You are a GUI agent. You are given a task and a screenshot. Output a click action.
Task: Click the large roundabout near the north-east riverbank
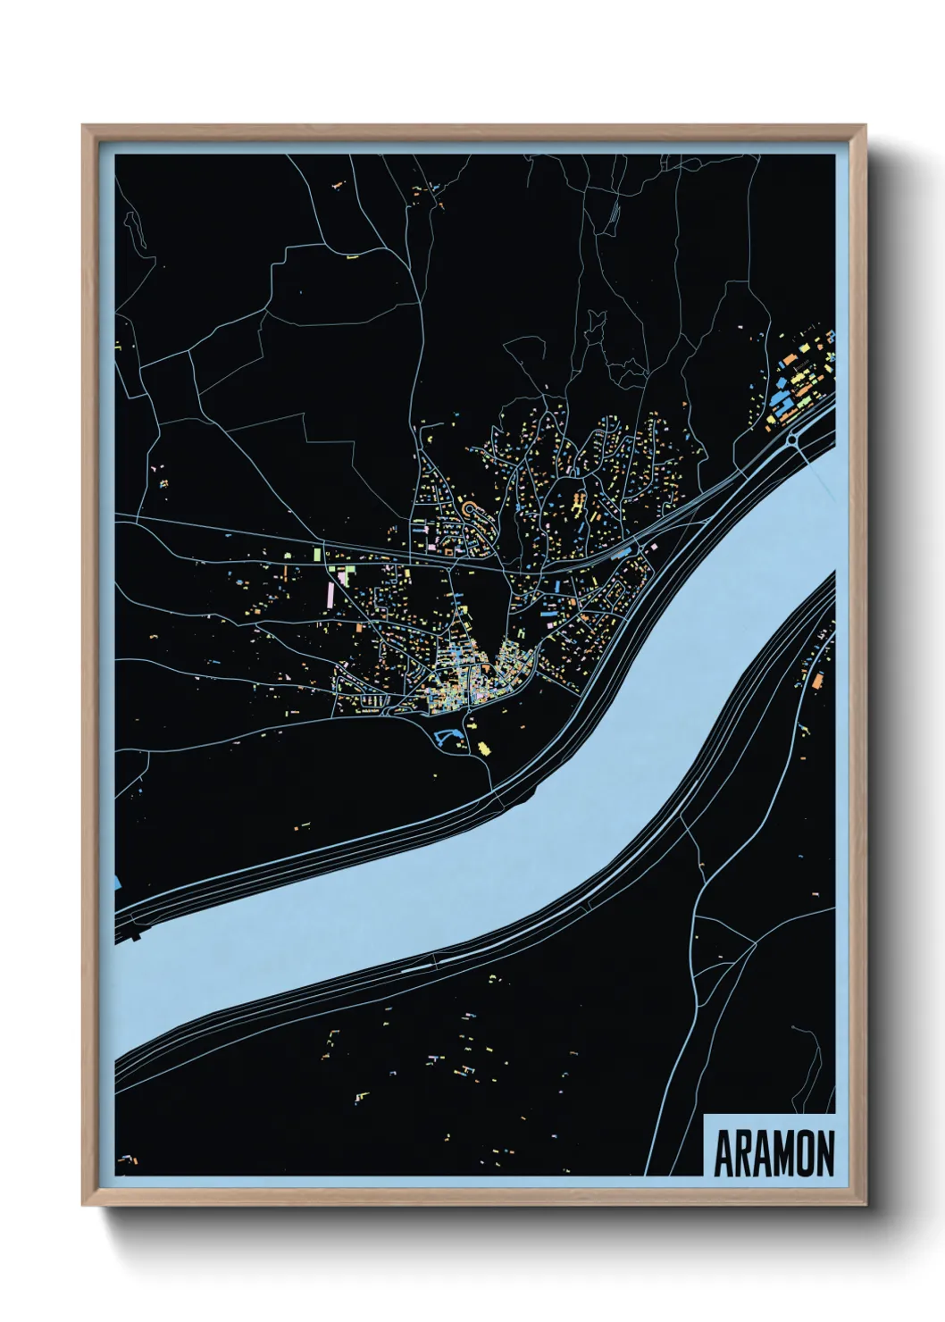click(x=793, y=439)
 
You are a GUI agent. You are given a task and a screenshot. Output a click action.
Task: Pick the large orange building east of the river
click(x=816, y=681)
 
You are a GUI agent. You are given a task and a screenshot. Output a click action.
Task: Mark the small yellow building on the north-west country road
click(x=351, y=257)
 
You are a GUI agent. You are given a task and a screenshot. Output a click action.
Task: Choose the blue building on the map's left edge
click(x=118, y=882)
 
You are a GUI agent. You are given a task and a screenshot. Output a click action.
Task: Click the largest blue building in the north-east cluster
click(x=787, y=405)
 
